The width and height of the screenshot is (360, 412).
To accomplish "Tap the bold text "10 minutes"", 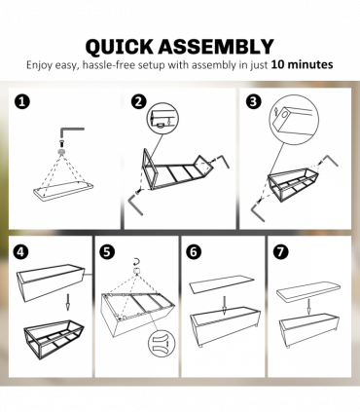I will pos(302,64).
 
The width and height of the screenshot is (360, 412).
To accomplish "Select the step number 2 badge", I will pos(139,101).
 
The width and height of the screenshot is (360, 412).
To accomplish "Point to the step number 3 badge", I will pos(254,101).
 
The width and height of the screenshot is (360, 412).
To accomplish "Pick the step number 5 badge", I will pos(108,249).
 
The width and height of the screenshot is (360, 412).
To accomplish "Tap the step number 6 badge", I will pos(193,250).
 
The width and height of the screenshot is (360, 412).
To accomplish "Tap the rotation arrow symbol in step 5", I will pos(137,262).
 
